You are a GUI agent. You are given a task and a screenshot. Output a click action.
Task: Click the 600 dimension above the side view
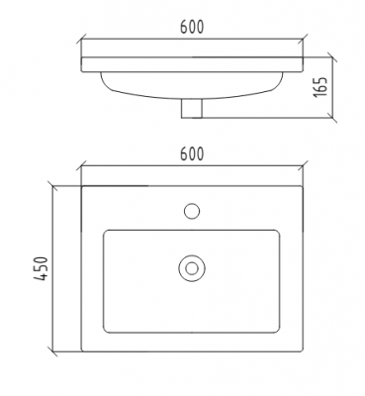(192, 27)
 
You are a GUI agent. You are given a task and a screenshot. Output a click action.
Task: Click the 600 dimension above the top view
(192, 153)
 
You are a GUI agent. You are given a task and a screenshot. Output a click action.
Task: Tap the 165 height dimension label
(320, 87)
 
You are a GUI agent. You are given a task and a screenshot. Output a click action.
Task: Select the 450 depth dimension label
(42, 268)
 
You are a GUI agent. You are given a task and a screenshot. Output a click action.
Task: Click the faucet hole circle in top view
(192, 211)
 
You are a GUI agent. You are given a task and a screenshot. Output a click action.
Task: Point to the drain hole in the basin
(192, 268)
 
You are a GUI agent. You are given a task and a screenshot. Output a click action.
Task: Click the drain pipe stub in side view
(192, 109)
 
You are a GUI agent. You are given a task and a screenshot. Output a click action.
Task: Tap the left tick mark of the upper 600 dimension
(81, 39)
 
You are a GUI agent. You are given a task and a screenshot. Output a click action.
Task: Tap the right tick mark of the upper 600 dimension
(303, 39)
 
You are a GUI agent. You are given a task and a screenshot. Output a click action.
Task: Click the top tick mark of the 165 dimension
(331, 56)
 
